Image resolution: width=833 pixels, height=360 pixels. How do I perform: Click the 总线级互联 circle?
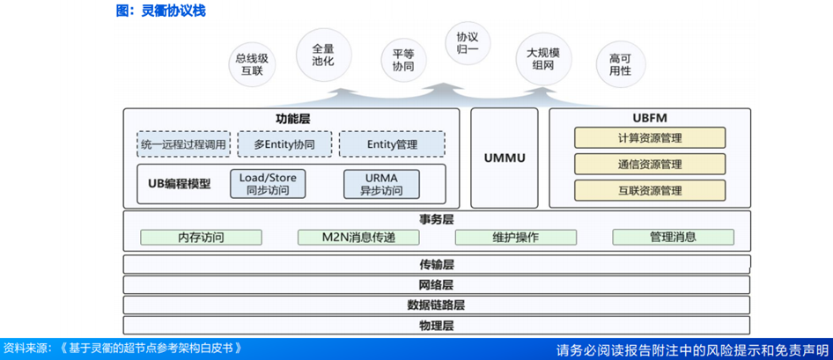click(x=252, y=64)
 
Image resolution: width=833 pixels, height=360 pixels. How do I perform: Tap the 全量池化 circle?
click(x=322, y=55)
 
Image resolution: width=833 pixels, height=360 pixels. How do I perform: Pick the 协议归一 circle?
click(x=467, y=43)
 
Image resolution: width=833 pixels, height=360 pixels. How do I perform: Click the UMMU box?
click(x=505, y=158)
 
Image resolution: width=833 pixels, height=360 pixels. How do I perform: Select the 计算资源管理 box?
click(x=650, y=138)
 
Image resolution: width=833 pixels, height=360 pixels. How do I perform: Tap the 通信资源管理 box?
click(x=650, y=164)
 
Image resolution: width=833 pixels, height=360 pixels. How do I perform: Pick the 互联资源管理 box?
click(x=650, y=190)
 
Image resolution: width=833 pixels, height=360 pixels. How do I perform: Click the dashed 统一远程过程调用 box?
click(x=183, y=144)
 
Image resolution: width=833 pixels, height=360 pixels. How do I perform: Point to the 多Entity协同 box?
click(x=284, y=144)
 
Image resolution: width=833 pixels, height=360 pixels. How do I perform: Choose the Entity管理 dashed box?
click(x=392, y=144)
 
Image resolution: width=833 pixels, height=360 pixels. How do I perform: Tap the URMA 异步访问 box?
click(x=380, y=184)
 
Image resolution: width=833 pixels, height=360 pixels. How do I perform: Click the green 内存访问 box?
click(x=201, y=237)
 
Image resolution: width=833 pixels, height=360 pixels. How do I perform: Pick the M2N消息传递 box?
click(x=358, y=237)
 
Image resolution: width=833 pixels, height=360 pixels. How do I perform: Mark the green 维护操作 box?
click(x=515, y=237)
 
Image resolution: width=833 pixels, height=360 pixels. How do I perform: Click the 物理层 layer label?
click(x=436, y=327)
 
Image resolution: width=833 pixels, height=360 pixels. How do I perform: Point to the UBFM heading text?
click(x=650, y=117)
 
